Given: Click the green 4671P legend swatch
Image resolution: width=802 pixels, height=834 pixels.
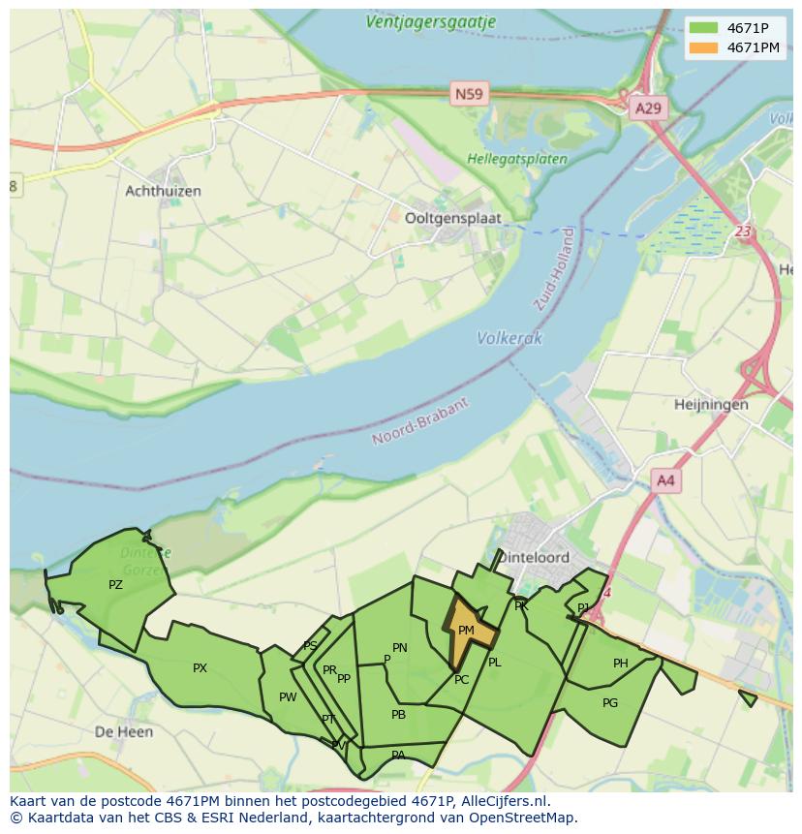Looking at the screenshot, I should [x=704, y=28].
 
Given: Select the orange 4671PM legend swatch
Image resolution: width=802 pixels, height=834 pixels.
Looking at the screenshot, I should [x=704, y=47].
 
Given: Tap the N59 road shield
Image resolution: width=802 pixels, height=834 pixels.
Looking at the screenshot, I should [x=470, y=93].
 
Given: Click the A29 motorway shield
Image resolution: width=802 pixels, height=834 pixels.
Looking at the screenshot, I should [x=647, y=108].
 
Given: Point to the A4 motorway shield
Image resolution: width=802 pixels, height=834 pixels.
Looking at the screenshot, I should [x=666, y=479].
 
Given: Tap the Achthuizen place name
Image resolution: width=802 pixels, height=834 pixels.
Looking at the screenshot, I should [x=164, y=191].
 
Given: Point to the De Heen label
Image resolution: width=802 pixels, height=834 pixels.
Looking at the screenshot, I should [x=124, y=732].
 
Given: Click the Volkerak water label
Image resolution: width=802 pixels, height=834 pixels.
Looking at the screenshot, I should [x=509, y=338].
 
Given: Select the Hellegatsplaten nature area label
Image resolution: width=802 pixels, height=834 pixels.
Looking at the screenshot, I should [x=504, y=159].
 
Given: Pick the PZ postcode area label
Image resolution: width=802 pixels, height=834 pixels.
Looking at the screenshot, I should [x=115, y=585].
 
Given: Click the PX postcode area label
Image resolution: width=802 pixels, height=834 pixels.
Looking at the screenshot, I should [x=200, y=668].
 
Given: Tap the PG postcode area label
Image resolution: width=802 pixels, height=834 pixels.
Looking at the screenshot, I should [x=610, y=703].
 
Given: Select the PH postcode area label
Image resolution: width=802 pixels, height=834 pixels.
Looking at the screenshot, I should [x=621, y=664].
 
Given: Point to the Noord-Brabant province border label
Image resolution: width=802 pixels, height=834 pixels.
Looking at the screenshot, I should [x=420, y=421].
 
